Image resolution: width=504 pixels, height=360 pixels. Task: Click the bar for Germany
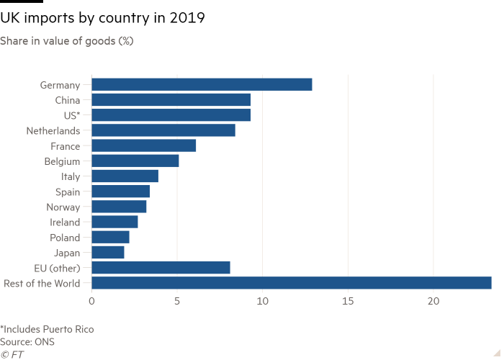(202, 85)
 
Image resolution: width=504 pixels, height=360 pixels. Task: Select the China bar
(171, 100)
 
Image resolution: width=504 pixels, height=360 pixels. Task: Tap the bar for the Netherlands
(163, 130)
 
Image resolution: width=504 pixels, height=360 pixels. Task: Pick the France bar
(144, 146)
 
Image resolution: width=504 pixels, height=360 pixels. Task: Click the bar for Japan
(108, 253)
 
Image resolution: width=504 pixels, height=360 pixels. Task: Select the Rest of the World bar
(292, 283)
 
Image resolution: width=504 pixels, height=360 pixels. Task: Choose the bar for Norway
(120, 207)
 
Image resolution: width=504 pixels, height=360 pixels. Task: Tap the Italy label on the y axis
(71, 176)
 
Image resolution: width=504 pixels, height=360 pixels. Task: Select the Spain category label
(68, 192)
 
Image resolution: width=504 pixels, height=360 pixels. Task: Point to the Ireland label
(66, 222)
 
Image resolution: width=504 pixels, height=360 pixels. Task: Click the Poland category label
(66, 238)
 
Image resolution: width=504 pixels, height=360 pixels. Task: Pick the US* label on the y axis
(71, 115)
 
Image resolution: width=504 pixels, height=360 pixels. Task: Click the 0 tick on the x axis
(91, 300)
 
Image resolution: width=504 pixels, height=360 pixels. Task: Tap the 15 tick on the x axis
(348, 300)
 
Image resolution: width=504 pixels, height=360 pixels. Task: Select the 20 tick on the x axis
(433, 300)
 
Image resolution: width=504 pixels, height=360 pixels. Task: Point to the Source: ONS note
(27, 342)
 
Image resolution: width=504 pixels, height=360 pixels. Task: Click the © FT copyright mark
(12, 354)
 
